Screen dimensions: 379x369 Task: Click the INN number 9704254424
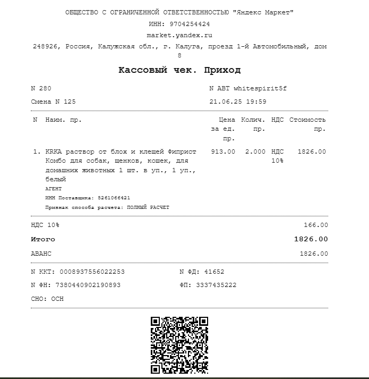pyautogui.click(x=190, y=24)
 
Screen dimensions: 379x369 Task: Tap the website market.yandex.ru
pyautogui.click(x=179, y=35)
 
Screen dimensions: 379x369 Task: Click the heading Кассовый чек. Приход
pyautogui.click(x=179, y=70)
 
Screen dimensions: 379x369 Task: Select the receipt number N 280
pyautogui.click(x=41, y=88)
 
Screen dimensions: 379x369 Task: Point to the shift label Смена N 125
pyautogui.click(x=53, y=102)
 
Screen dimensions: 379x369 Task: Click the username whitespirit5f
pyautogui.click(x=260, y=88)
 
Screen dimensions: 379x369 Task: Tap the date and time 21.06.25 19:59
pyautogui.click(x=238, y=102)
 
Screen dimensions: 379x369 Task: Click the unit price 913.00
pyautogui.click(x=223, y=151)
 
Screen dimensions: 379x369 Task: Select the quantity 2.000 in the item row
pyautogui.click(x=255, y=151)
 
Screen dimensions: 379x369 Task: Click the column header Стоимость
pyautogui.click(x=307, y=120)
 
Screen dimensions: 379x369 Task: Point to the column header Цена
pyautogui.click(x=227, y=120)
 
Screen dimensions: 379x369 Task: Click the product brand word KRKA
pyautogui.click(x=54, y=151)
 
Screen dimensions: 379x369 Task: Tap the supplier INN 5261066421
pyautogui.click(x=114, y=198)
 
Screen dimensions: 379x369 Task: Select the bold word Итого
pyautogui.click(x=43, y=239)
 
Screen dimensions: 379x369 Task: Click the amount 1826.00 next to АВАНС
pyautogui.click(x=314, y=254)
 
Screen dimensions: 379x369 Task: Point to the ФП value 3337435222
pyautogui.click(x=216, y=285)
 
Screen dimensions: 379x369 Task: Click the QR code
pyautogui.click(x=179, y=345)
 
